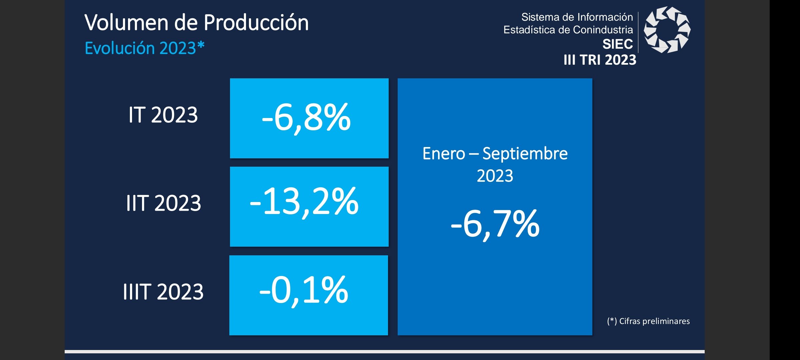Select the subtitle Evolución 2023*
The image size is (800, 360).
tap(145, 48)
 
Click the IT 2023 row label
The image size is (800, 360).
tap(163, 115)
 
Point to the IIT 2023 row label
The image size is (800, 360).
tap(164, 203)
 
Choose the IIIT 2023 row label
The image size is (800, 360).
tap(163, 292)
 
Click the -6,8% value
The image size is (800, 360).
tap(306, 118)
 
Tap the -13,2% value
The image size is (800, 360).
tap(304, 202)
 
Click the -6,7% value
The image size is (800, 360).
tap(495, 224)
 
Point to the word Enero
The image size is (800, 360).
tap(444, 154)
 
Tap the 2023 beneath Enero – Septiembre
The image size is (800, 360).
tap(495, 176)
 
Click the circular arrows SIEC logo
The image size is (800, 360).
tap(667, 30)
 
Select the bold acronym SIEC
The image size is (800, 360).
tap(618, 44)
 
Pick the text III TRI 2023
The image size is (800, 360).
tap(600, 60)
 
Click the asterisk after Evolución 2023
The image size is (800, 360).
tap(201, 45)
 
